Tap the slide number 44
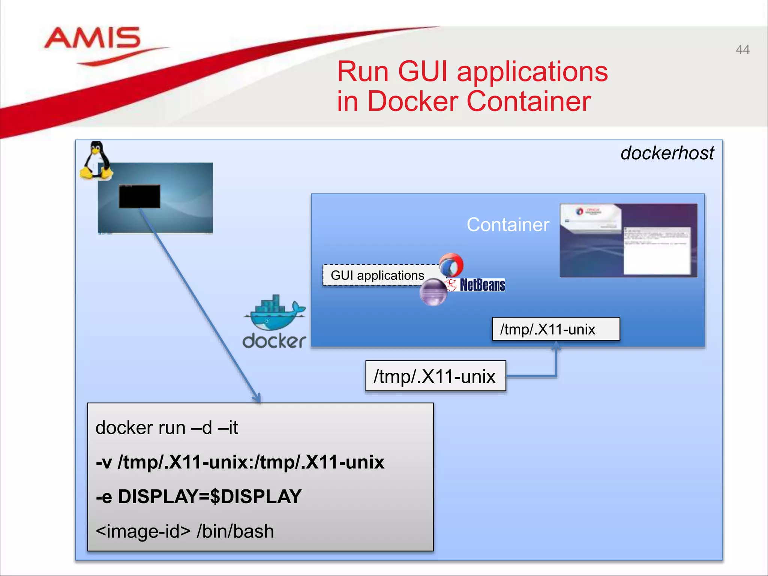(x=742, y=49)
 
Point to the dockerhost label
(x=667, y=153)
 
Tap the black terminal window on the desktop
(x=139, y=196)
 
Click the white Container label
(x=508, y=225)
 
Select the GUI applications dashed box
(x=377, y=275)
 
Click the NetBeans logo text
(x=482, y=285)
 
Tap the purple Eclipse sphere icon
(x=433, y=292)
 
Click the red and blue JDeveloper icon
(x=451, y=265)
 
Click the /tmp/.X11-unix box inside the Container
(x=555, y=329)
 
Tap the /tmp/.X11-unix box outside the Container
(x=435, y=376)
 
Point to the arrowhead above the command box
(x=257, y=398)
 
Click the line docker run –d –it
(x=167, y=427)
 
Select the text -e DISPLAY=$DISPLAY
(x=199, y=496)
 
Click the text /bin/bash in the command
(x=235, y=531)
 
